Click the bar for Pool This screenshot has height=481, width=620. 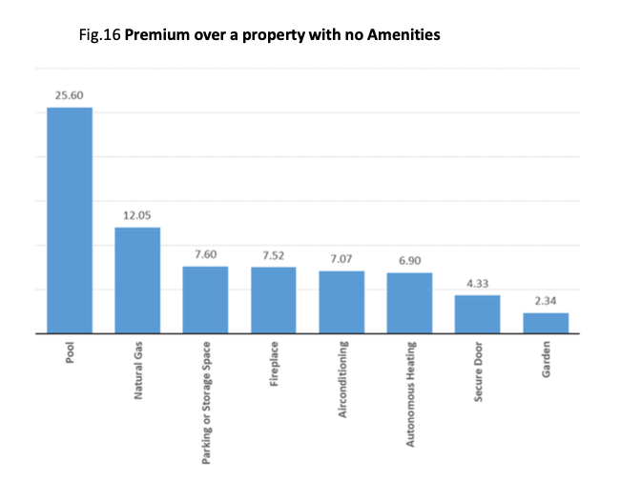70,220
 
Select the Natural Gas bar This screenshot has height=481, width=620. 137,280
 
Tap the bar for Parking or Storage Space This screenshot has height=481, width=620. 205,300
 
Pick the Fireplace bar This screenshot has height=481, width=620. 273,300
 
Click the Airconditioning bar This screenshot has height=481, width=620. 341,302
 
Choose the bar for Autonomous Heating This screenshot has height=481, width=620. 409,303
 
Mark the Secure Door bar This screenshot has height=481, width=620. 477,314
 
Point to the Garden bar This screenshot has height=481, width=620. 546,323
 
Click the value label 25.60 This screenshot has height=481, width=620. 70,96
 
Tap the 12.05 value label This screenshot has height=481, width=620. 137,216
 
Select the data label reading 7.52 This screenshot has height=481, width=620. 273,255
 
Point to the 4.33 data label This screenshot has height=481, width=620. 477,284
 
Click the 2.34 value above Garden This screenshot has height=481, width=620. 546,301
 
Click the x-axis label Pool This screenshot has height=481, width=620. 71,354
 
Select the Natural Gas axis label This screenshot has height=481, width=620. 138,371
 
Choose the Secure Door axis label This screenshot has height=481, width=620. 478,371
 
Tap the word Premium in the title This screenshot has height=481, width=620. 158,36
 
